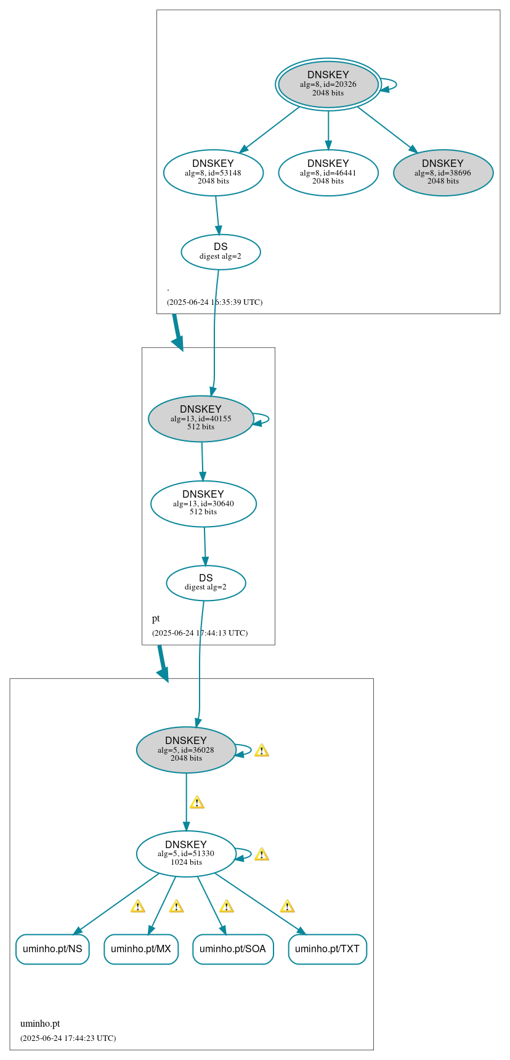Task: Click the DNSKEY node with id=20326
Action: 328,84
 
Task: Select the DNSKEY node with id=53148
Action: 213,173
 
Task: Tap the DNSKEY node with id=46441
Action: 328,173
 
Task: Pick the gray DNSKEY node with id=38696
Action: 443,173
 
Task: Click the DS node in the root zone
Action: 221,252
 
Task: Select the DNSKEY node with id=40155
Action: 201,419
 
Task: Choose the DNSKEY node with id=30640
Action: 203,504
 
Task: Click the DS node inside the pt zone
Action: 206,583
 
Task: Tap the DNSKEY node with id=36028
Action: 186,750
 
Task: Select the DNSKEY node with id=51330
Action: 186,854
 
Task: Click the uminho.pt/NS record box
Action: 52,949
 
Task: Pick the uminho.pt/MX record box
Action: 141,949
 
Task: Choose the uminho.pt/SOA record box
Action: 233,949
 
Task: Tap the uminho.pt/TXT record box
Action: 327,949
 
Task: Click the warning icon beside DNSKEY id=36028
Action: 261,750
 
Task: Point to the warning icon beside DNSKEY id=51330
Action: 261,854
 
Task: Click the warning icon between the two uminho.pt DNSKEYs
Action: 196,803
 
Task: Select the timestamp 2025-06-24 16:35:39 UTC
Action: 214,302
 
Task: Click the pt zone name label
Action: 156,618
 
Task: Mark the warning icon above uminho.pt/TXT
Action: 287,906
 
